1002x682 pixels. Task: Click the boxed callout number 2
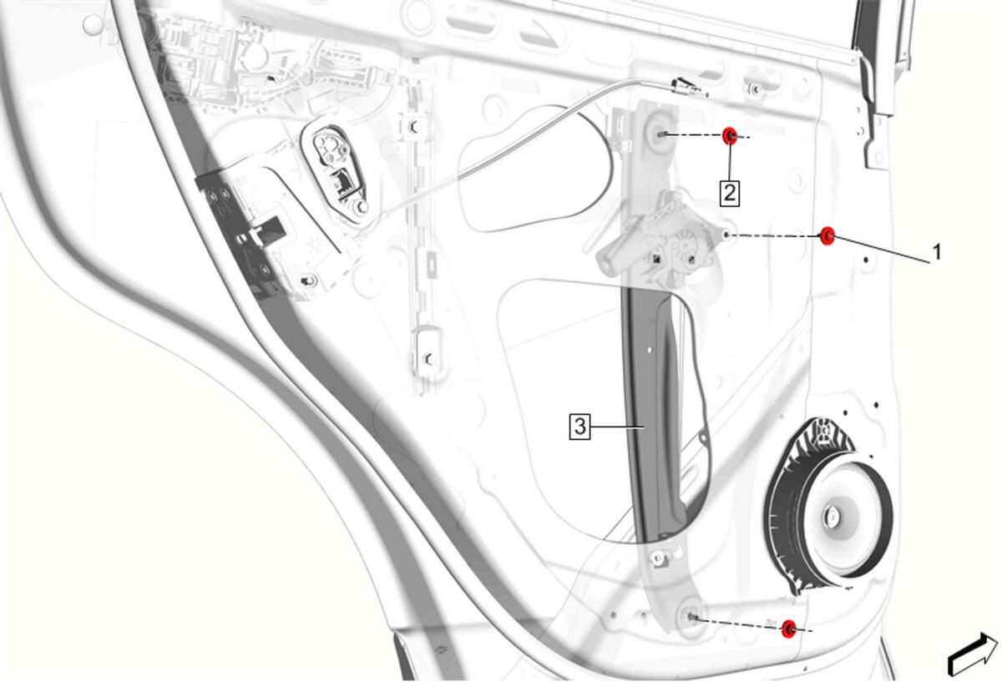point(729,193)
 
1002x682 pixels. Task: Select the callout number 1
point(937,252)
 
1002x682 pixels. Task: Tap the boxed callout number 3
point(579,427)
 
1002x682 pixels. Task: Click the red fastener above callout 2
point(730,135)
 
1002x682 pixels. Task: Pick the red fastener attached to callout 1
point(827,235)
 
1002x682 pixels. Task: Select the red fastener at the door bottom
point(789,629)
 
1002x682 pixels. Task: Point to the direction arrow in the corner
point(973,654)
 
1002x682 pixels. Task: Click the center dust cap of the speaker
point(832,518)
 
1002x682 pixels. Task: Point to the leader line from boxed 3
point(617,427)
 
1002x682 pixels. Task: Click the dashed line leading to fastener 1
point(775,235)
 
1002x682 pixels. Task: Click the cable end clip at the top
point(689,87)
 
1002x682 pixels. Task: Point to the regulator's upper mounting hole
point(661,134)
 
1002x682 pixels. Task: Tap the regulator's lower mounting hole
point(692,617)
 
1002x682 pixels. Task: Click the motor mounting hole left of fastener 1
point(726,235)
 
